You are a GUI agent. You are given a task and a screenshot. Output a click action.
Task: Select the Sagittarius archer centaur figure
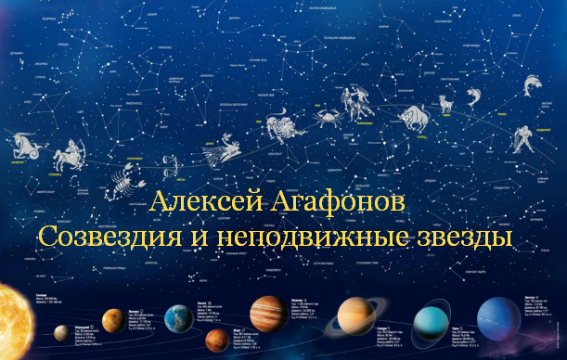click(69, 154)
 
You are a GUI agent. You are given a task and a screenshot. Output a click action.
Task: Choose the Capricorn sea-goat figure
click(23, 145)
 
